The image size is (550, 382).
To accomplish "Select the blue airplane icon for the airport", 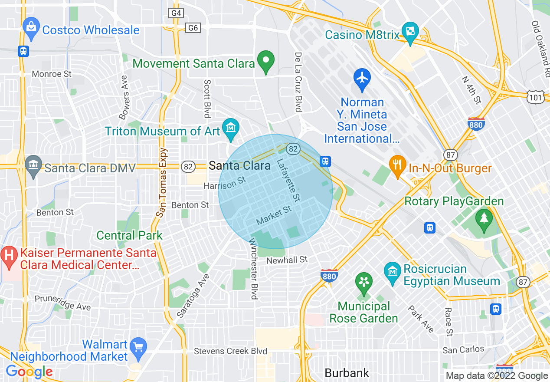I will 362,79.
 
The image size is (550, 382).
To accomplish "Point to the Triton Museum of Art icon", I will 230,128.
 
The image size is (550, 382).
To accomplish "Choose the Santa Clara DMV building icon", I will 33,165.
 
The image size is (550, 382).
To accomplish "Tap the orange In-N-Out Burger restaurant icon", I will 397,165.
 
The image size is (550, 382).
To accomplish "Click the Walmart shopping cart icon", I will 139,347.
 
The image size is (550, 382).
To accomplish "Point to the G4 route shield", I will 176,13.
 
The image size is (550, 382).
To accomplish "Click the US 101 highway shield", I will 536,98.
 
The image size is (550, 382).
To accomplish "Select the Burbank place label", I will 347,373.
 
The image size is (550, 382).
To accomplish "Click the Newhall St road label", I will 287,260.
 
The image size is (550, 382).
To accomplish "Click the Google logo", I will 29,372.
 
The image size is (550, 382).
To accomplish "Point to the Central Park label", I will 129,235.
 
